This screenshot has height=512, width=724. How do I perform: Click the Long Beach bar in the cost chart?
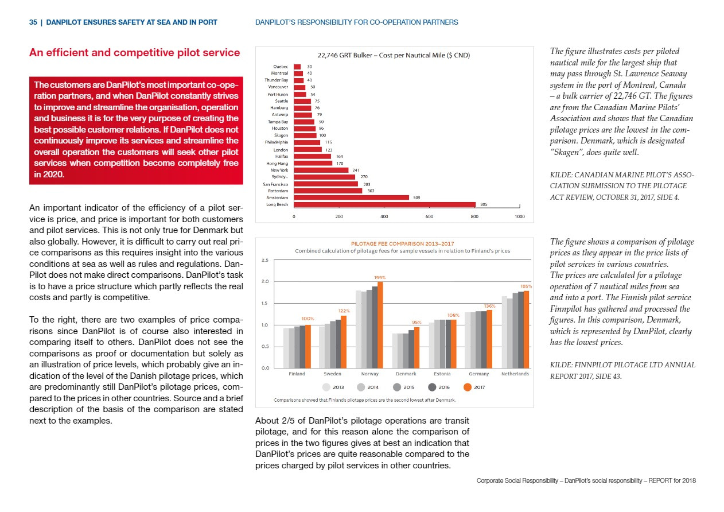click(x=384, y=204)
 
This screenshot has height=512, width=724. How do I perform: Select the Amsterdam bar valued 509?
click(x=351, y=197)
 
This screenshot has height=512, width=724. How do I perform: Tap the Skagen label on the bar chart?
click(x=281, y=135)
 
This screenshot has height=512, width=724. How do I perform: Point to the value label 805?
click(x=484, y=204)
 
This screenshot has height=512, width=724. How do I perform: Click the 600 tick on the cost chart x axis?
click(x=429, y=216)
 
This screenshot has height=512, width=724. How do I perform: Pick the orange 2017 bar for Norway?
click(x=380, y=325)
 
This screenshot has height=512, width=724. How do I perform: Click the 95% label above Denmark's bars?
click(x=417, y=322)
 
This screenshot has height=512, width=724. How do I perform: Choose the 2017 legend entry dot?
click(x=468, y=387)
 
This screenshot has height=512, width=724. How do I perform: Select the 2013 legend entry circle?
click(x=326, y=387)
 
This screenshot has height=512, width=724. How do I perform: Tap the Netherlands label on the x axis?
click(x=515, y=374)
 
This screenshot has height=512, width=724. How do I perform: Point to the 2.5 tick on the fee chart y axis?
click(x=264, y=260)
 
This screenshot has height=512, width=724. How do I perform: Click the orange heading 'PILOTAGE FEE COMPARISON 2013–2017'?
click(x=402, y=243)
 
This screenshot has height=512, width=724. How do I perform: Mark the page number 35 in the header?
click(x=33, y=22)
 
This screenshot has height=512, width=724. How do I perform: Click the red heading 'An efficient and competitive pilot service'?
click(x=134, y=52)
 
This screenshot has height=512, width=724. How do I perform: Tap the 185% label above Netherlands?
click(x=526, y=286)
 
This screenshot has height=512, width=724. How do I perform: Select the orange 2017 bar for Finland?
click(x=308, y=347)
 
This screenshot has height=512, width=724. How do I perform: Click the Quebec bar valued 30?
click(x=297, y=67)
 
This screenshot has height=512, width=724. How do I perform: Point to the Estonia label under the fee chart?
click(x=442, y=374)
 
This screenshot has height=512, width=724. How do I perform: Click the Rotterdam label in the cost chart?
click(x=278, y=191)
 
